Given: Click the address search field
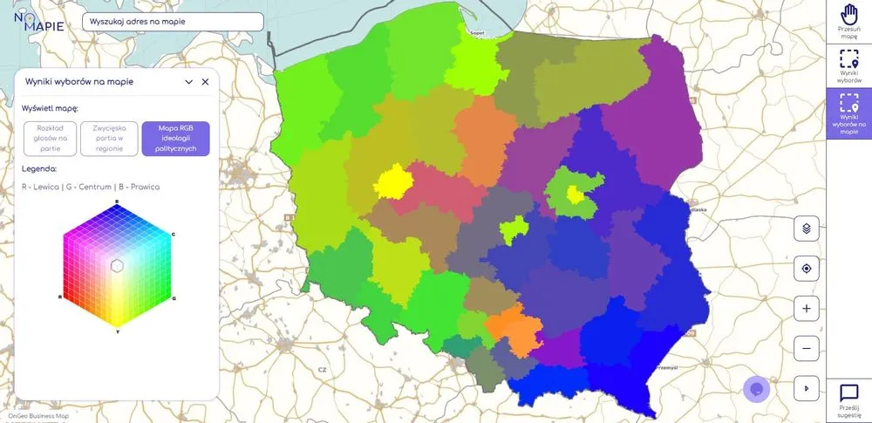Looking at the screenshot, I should pos(172,22).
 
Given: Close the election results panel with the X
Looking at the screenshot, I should pos(206,82).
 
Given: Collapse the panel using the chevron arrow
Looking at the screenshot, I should pos(188,82).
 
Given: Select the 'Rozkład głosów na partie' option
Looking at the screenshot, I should pos(51,139).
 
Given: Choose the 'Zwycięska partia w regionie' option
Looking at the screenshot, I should pos(109,139).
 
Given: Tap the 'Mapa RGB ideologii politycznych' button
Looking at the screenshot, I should pos(175,139).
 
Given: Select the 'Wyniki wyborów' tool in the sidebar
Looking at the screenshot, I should pos(849,65).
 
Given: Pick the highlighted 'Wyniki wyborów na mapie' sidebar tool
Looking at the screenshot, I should pos(849,113).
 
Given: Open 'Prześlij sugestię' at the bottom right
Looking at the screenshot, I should pos(849,399).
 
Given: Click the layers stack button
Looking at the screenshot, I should pos(807,229).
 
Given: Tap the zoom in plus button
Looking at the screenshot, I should pos(807,309).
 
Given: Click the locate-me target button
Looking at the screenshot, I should pos(807,269).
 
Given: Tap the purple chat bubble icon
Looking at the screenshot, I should pos(756,389).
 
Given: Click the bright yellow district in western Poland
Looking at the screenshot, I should pos(393,181).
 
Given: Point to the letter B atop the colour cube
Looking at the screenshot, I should pos(117,201).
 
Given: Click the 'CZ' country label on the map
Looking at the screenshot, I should pos(322,357).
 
